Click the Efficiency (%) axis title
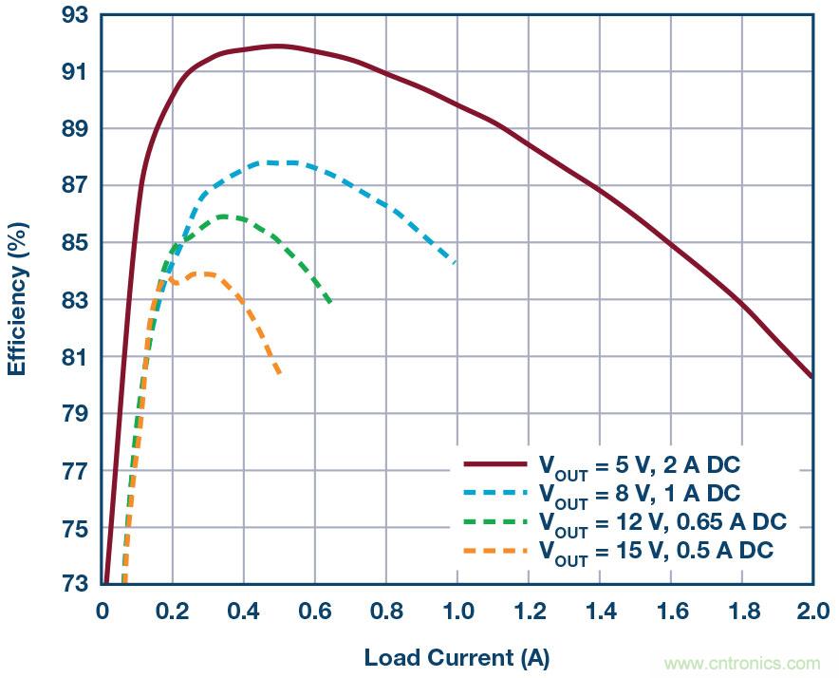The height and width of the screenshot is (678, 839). coord(18,298)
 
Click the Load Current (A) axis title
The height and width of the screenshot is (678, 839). coord(457,657)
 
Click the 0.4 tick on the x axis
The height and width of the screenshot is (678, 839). coord(244,610)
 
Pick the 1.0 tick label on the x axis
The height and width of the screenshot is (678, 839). coord(457,610)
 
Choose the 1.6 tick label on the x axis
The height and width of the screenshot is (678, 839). coord(670,610)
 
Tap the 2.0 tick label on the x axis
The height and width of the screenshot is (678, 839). coord(811,610)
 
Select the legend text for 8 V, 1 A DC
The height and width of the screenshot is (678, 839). coord(639,494)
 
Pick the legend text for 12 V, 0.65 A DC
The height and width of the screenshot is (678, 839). coord(662,522)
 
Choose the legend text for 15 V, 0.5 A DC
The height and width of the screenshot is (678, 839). coord(656,551)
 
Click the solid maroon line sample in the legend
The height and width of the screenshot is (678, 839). coord(494,464)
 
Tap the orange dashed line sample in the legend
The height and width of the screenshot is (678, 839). coord(494,550)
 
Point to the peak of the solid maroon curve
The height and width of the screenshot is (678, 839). coord(277,46)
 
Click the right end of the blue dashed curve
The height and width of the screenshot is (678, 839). coord(457,262)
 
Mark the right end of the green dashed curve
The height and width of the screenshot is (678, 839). coord(330,303)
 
